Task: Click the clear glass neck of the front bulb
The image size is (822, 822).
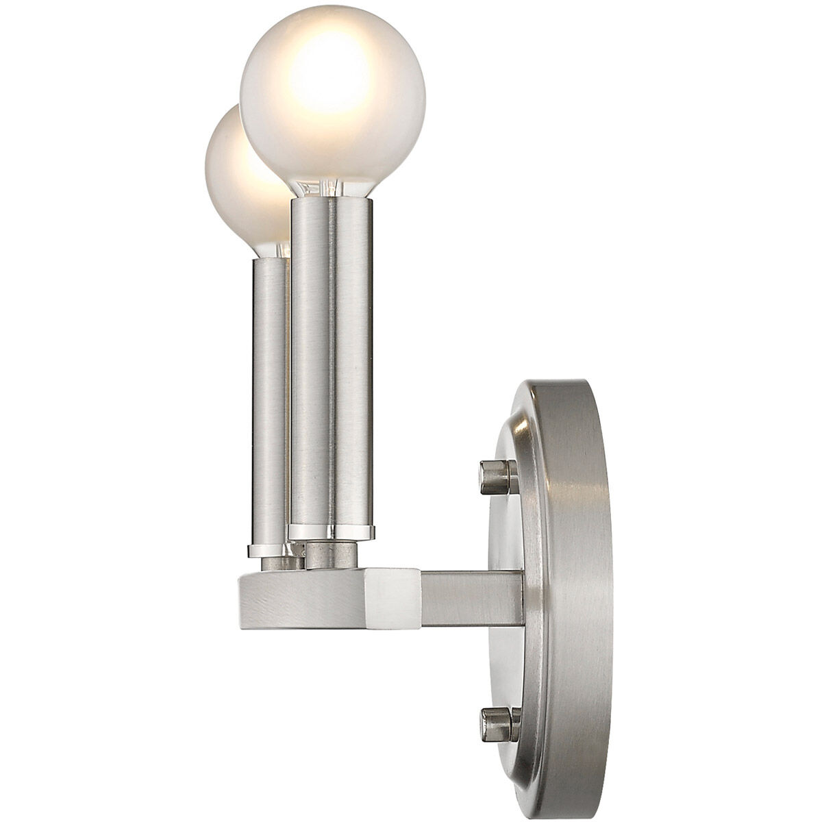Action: pyautogui.click(x=330, y=188)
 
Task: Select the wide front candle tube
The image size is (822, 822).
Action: pyautogui.click(x=332, y=363)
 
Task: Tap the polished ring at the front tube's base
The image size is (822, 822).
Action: pyautogui.click(x=332, y=531)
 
